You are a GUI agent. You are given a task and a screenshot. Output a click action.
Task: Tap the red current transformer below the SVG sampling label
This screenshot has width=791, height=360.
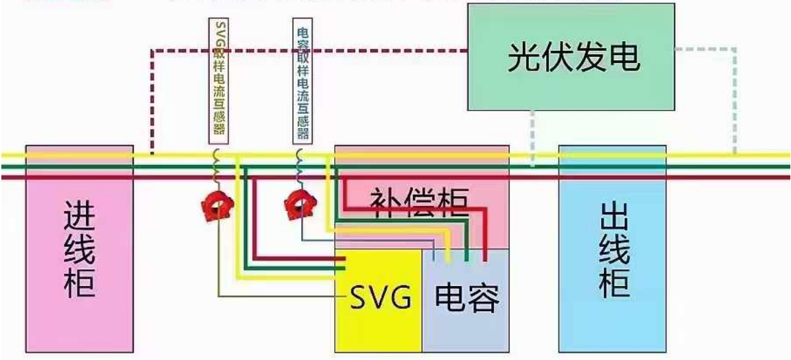point(216,206)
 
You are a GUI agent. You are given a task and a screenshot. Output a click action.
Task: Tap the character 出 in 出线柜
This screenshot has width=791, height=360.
point(613,214)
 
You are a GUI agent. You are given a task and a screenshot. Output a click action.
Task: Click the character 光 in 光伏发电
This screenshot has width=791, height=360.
point(524,58)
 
